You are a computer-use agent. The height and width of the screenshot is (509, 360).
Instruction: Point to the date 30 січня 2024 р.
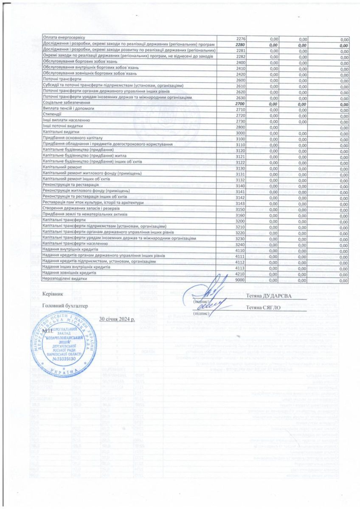tap(117, 319)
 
